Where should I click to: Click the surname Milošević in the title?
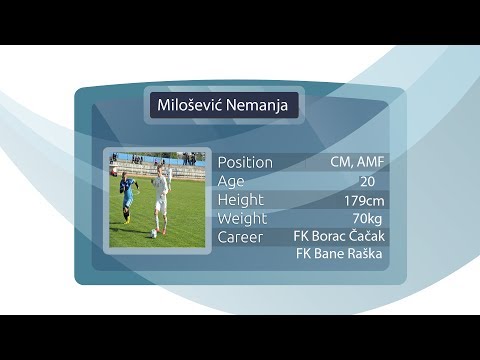(x=189, y=105)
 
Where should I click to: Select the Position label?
(x=244, y=162)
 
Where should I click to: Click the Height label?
(x=241, y=200)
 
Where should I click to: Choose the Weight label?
(x=243, y=218)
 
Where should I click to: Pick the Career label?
(x=240, y=237)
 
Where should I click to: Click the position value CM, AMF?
(x=355, y=162)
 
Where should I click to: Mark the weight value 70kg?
(x=368, y=218)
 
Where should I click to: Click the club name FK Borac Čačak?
(x=339, y=236)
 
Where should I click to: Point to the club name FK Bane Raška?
(x=340, y=255)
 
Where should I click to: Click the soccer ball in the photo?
(x=154, y=233)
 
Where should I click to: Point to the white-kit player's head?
(x=157, y=173)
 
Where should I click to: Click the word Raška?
(x=364, y=255)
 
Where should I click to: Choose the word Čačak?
(x=365, y=236)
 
